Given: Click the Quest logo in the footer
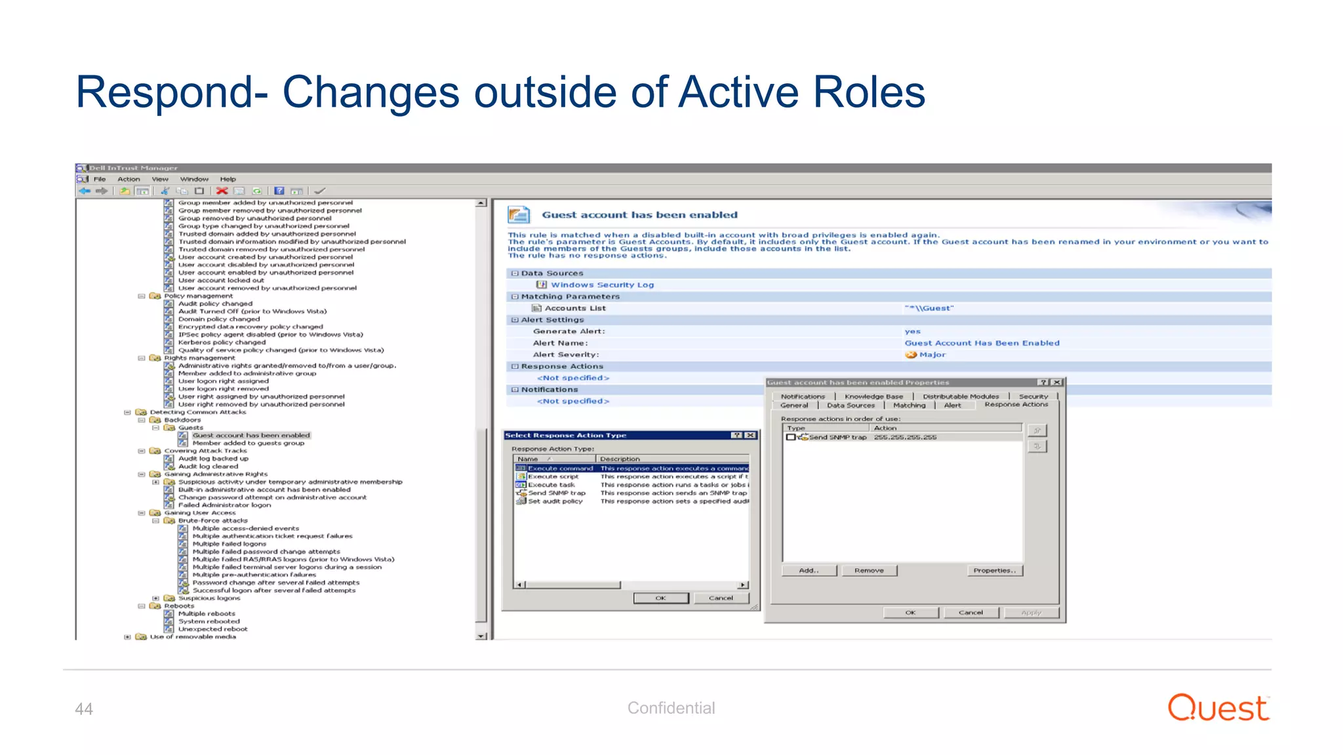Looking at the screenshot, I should pos(1218,708).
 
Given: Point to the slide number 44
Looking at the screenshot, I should pos(84,709).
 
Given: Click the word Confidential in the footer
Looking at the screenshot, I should pos(671,708).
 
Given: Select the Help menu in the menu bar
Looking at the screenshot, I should pos(228,179).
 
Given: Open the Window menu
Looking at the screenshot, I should pos(194,179).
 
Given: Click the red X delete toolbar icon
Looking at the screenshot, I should pos(222,191).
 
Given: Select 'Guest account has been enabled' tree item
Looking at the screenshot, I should pos(251,435).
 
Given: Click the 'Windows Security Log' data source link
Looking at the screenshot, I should pos(602,285).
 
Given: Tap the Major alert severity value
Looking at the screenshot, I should pos(932,355).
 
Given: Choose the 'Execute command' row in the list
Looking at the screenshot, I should pos(560,469).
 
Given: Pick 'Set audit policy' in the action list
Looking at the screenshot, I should pos(555,501).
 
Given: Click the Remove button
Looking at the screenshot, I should pos(869,571).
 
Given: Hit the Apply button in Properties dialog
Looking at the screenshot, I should pos(1031,613).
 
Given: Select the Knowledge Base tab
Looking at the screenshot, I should pos(873,397).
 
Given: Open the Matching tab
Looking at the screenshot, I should pos(909,406).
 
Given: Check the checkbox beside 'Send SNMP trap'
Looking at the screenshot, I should pos(791,437).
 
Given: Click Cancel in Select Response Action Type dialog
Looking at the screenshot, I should pos(721,598).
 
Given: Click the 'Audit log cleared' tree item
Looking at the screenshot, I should pos(208,467).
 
